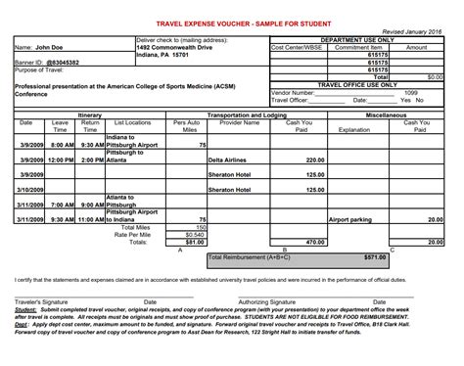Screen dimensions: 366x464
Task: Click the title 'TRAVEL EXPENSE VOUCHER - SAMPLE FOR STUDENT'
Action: tap(231, 23)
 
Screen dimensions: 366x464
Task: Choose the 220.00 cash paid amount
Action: tap(314, 159)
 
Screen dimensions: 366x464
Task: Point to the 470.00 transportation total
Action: tap(314, 242)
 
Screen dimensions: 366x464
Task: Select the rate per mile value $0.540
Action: tap(195, 235)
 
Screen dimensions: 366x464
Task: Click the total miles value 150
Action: tap(200, 227)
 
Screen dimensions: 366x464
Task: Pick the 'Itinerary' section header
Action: tap(89, 114)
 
